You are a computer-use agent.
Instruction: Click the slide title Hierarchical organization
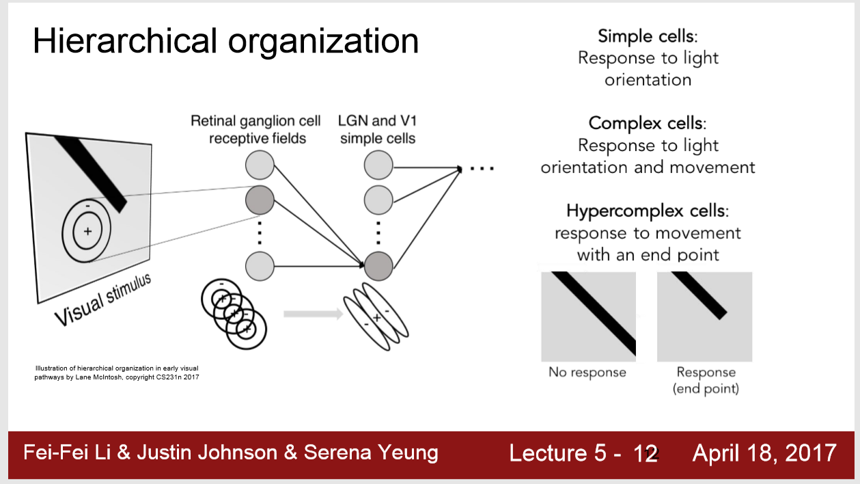pos(225,42)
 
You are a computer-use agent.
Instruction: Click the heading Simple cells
pos(647,36)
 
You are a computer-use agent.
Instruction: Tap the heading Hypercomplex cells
pos(647,211)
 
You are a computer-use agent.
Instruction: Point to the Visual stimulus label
pos(102,299)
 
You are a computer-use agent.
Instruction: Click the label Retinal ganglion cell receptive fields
pos(255,130)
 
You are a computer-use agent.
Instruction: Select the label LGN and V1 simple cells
pos(377,130)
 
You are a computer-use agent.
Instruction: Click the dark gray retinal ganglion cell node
pos(260,200)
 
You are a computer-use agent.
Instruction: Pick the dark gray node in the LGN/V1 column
pos(378,265)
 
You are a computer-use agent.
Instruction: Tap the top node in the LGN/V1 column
pos(378,166)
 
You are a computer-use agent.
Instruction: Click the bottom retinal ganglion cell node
pos(260,265)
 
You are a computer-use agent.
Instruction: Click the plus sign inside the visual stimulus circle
pos(87,231)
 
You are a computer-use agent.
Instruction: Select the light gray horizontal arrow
pos(312,314)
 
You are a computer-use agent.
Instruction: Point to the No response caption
pos(587,373)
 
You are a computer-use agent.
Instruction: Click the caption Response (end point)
pos(706,380)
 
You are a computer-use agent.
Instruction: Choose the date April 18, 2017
pos(764,453)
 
